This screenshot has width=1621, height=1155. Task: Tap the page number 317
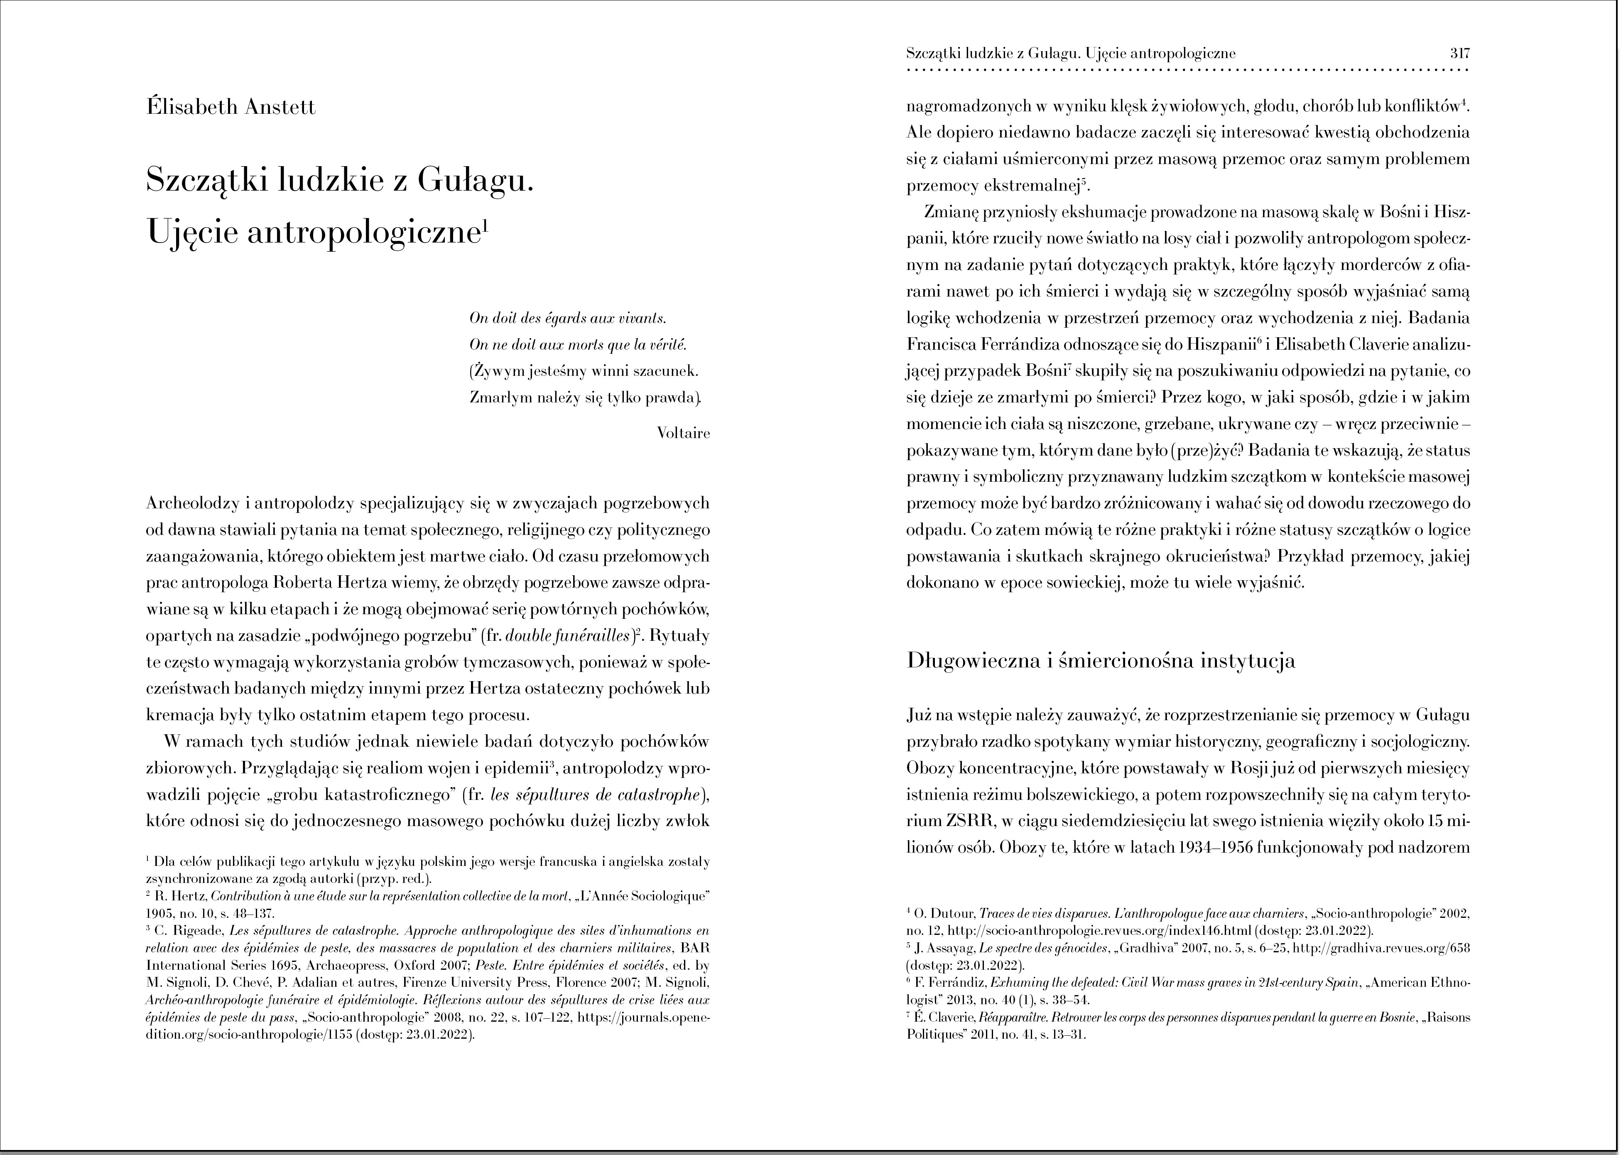[1459, 53]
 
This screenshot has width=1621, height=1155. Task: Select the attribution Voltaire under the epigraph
[684, 432]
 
